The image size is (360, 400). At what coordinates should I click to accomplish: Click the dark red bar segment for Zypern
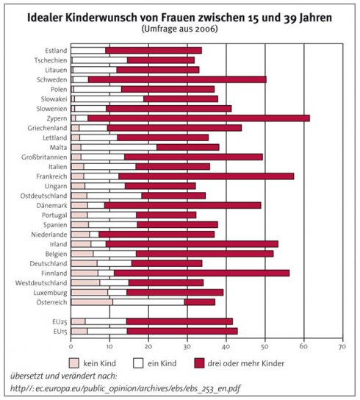coord(199,118)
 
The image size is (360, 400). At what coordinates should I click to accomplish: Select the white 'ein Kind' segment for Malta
coord(119,148)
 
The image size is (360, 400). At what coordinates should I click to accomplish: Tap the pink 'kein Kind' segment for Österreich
coord(92,302)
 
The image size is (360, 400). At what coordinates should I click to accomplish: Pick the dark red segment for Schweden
coord(177,79)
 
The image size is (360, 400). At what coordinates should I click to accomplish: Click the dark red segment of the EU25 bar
coord(179,321)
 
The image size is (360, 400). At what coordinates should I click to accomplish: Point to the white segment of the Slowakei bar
coord(109,99)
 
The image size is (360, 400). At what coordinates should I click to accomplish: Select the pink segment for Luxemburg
coord(89,293)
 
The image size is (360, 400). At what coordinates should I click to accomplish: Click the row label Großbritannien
coord(44,157)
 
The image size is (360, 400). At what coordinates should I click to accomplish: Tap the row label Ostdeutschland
coord(43,196)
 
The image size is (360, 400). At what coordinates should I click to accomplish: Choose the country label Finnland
coord(54,274)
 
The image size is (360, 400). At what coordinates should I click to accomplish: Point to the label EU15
coord(60,332)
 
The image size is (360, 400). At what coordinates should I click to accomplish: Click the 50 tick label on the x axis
coord(265,346)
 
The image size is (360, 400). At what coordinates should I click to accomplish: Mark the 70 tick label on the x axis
coord(342,346)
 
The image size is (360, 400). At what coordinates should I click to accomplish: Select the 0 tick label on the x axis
coord(71,346)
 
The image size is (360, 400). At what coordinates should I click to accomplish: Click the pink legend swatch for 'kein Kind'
coord(74,363)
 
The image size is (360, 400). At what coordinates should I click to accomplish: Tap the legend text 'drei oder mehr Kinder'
coord(246,363)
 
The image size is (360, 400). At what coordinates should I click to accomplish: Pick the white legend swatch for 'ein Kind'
coord(138,363)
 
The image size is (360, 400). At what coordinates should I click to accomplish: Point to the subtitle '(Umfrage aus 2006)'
coord(180,29)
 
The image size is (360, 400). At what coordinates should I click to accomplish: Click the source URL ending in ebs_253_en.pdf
coord(125,388)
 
